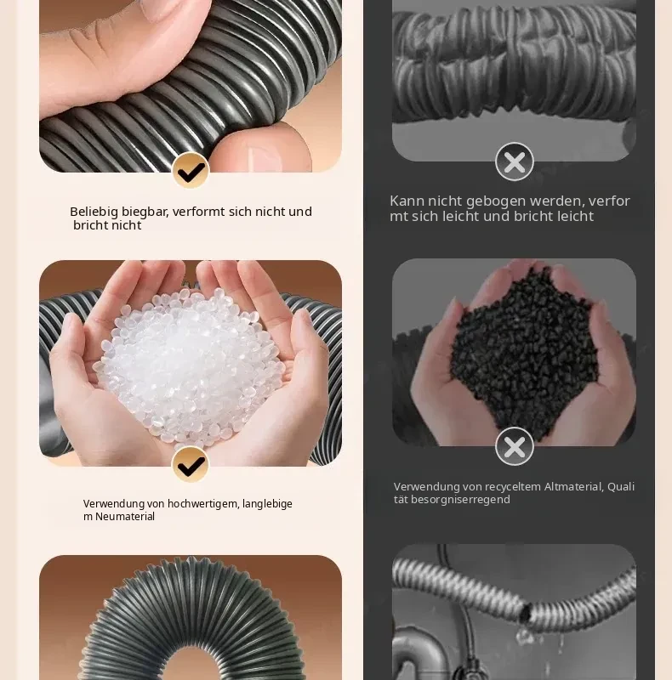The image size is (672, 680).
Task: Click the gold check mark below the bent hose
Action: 191,170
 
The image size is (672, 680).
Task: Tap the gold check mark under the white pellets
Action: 191,464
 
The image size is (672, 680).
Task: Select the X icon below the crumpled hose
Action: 515,161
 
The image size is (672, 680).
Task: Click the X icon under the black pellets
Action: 515,446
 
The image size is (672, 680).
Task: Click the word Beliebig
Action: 94,212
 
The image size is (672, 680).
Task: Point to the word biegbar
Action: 146,212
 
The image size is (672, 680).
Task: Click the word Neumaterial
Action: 125,517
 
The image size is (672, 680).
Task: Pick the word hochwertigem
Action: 202,504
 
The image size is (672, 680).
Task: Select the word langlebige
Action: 267,504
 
